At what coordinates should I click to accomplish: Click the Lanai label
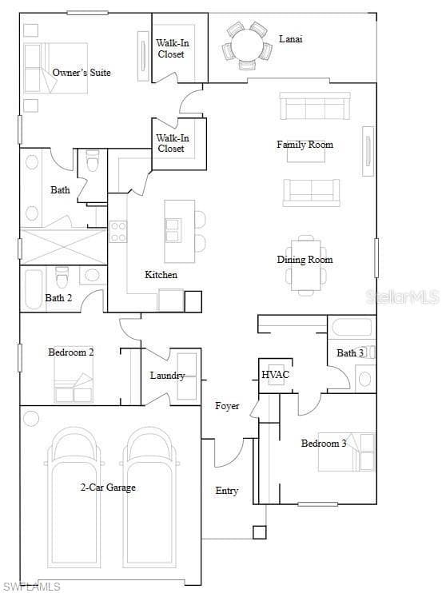[x=290, y=38]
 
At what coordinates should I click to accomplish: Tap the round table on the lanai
[x=246, y=45]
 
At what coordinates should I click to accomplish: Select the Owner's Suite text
[x=82, y=72]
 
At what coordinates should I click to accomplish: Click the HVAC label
[x=275, y=374]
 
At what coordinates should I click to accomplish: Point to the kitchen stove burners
[x=117, y=232]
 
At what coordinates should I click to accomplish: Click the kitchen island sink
[x=173, y=230]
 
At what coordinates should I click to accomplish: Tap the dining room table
[x=305, y=265]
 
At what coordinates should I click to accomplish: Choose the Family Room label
[x=305, y=145]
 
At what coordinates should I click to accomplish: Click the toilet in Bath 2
[x=62, y=277]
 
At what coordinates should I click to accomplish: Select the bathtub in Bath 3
[x=352, y=327]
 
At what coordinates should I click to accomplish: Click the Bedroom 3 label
[x=323, y=444]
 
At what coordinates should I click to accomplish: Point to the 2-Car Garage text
[x=108, y=488]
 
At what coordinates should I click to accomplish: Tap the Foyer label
[x=227, y=406]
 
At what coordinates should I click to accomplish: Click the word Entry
[x=226, y=491]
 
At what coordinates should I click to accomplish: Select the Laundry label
[x=167, y=376]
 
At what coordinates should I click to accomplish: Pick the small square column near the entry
[x=260, y=532]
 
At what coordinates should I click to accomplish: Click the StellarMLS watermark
[x=403, y=296]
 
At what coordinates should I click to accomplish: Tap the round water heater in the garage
[x=31, y=418]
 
